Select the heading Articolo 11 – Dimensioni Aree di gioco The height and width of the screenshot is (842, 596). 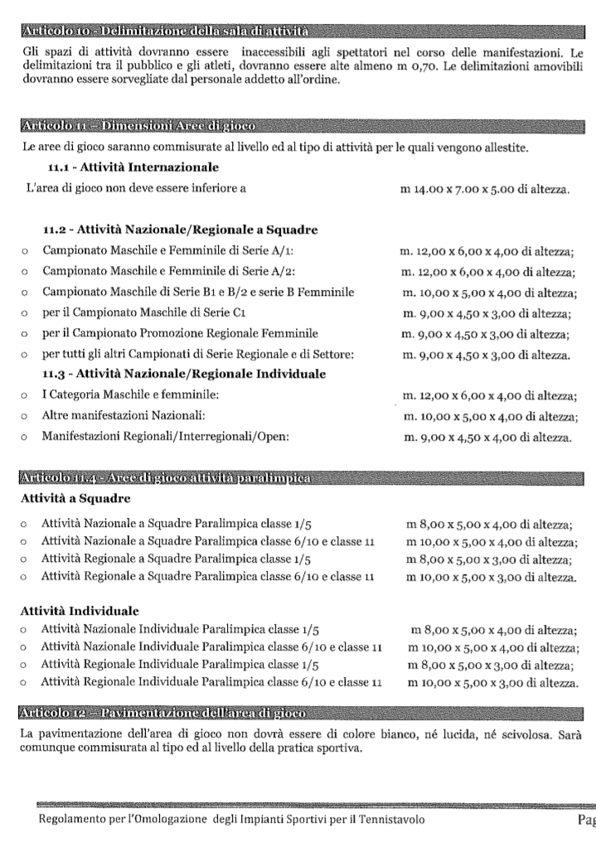coord(138,125)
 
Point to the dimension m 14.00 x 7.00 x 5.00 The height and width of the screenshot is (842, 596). coord(484,191)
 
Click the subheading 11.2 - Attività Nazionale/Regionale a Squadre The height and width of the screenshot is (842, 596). coord(181,230)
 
